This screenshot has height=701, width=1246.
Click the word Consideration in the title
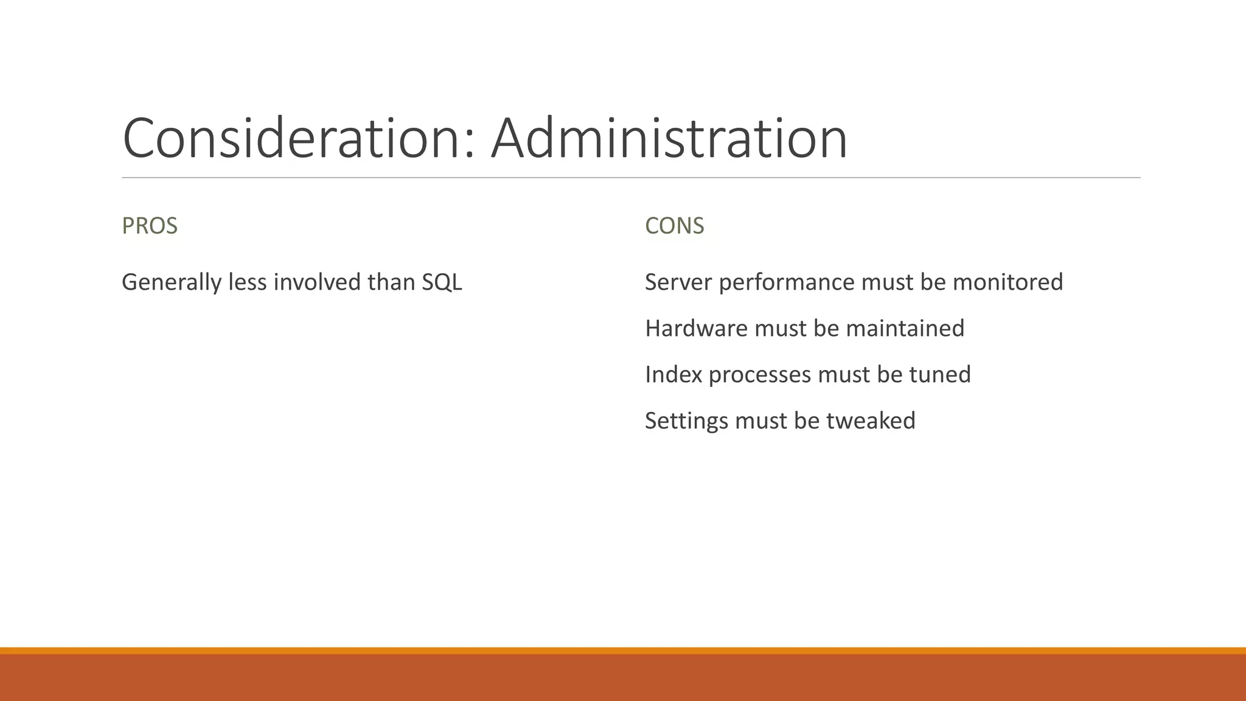(292, 139)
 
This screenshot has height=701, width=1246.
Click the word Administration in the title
(669, 139)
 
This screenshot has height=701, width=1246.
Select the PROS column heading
(150, 226)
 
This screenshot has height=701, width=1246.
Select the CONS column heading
(674, 226)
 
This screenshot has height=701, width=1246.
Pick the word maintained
(905, 329)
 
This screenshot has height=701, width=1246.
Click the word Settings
(686, 421)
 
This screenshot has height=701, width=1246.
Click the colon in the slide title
(468, 146)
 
